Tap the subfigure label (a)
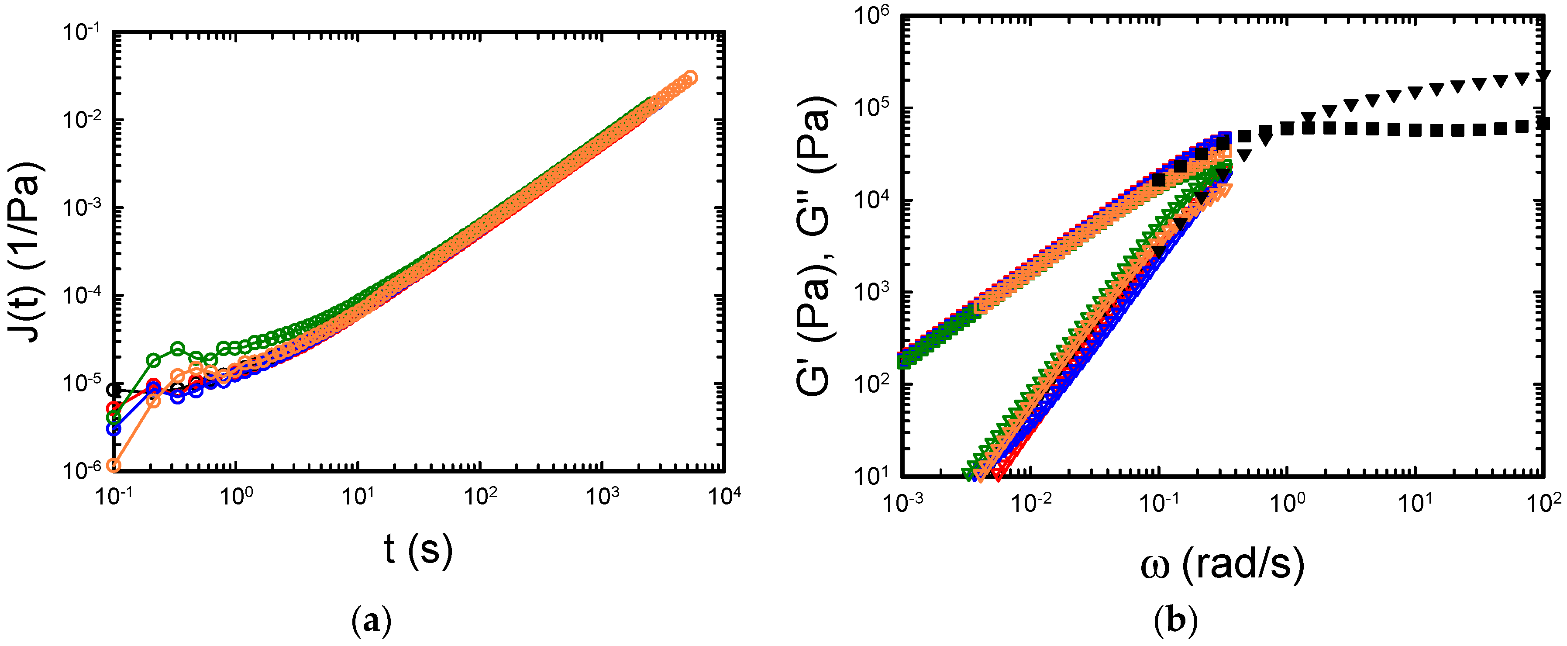coord(371,622)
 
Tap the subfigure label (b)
coord(1175,622)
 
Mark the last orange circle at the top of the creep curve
coord(690,77)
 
